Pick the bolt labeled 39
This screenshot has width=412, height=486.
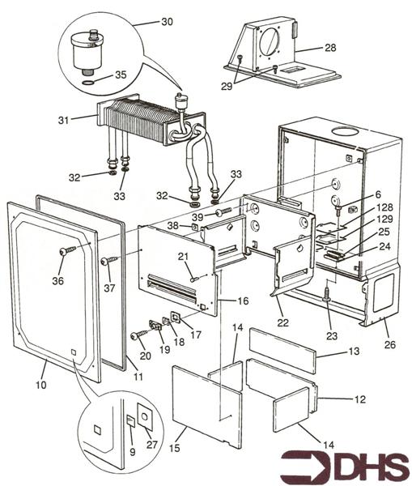(223, 211)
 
